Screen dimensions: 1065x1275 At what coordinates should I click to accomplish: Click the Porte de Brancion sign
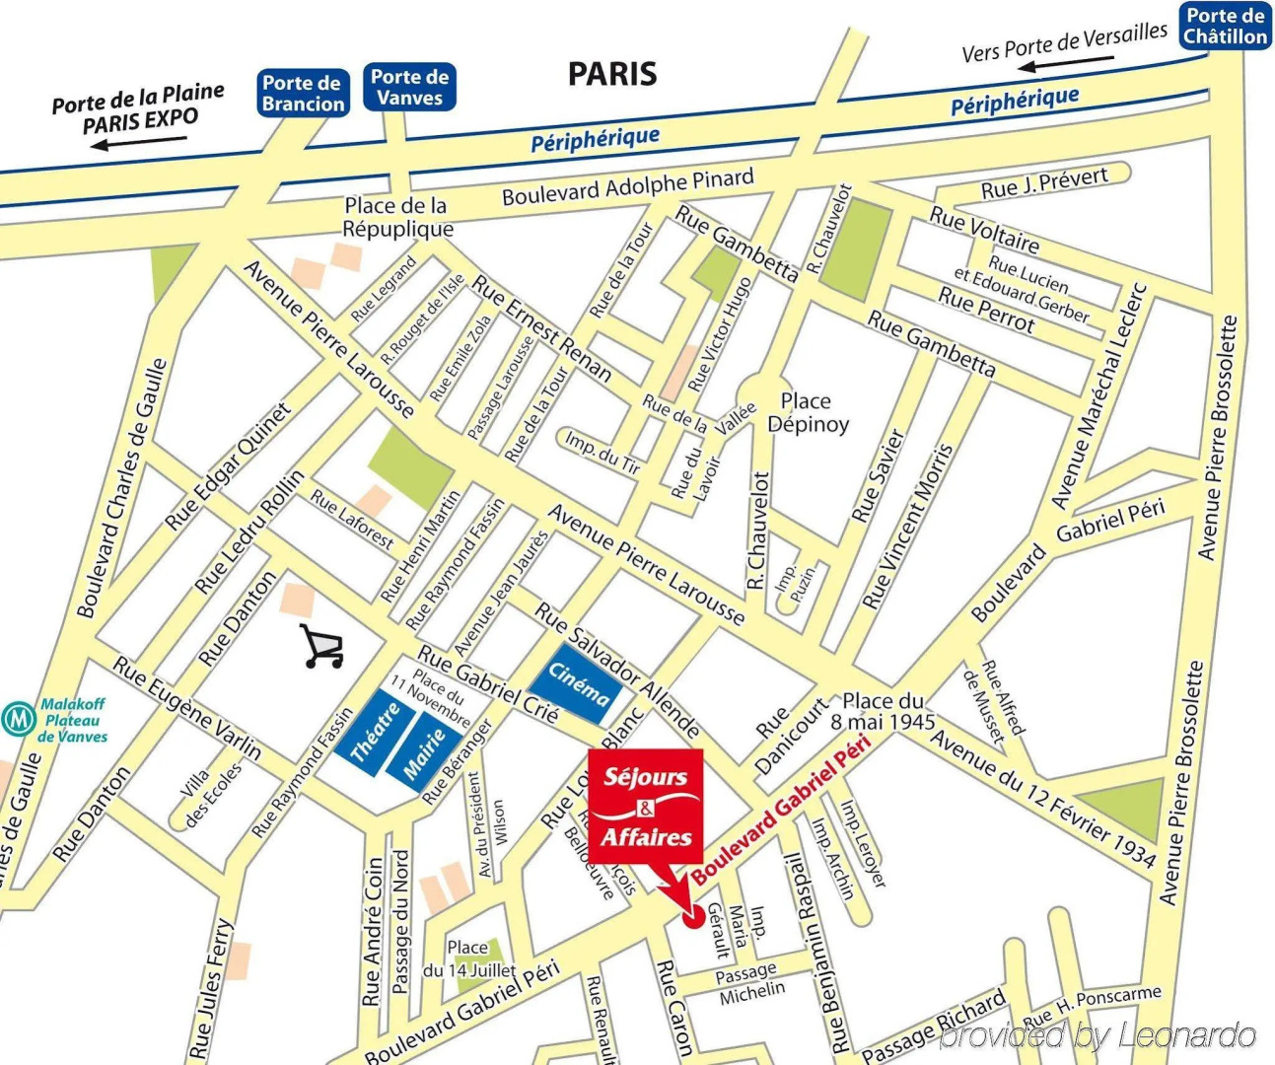304,94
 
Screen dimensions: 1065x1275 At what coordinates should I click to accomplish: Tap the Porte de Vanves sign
410,87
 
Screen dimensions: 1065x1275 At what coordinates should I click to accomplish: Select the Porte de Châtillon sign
1225,27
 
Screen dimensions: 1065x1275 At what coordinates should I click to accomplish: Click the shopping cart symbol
322,647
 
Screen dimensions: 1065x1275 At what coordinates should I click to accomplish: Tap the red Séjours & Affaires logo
646,807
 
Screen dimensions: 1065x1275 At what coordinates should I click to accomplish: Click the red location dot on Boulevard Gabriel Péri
691,916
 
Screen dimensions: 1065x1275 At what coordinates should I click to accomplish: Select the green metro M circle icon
18,719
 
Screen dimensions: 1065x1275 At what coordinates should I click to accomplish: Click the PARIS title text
612,74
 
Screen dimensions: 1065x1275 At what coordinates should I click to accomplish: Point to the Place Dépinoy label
808,413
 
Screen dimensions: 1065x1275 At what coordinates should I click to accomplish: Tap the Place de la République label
397,217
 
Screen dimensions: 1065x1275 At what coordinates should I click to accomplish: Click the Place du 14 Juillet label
469,958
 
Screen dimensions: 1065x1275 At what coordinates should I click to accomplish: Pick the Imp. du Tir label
602,452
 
